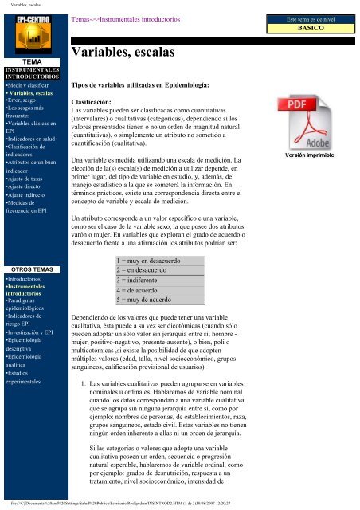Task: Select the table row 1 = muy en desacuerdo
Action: coord(155,260)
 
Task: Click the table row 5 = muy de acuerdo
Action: coord(151,301)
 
